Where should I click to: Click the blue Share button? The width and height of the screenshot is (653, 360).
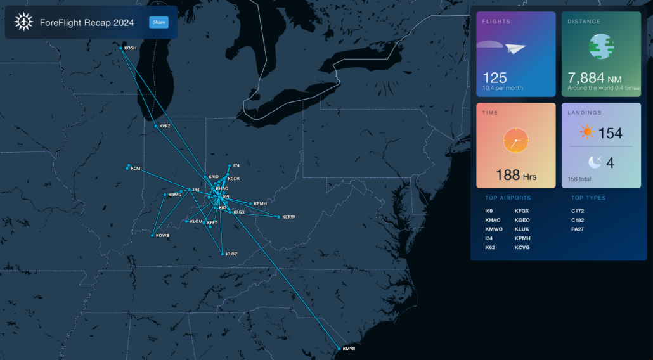click(158, 23)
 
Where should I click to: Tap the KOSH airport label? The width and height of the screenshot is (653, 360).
click(131, 48)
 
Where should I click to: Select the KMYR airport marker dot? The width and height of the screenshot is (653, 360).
click(339, 349)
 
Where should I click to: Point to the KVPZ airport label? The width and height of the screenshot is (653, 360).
click(165, 126)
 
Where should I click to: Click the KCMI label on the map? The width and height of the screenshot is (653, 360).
click(136, 169)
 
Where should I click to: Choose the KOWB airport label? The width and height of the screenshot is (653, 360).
click(163, 236)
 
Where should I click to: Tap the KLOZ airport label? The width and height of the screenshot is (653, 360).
click(231, 254)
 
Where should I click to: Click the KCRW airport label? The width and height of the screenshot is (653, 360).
click(288, 217)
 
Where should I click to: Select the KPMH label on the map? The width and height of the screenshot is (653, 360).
click(259, 203)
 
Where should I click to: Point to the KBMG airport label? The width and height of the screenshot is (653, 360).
click(175, 195)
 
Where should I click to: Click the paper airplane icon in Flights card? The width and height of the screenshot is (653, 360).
click(515, 48)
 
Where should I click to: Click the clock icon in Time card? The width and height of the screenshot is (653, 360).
click(515, 140)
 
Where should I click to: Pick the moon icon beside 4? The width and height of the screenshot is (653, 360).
click(594, 163)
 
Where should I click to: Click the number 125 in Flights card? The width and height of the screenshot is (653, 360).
click(495, 77)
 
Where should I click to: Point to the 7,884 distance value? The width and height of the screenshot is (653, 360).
click(586, 77)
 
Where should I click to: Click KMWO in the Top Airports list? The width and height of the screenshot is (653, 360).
click(494, 229)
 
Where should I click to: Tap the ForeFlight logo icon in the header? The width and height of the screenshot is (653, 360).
click(23, 23)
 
